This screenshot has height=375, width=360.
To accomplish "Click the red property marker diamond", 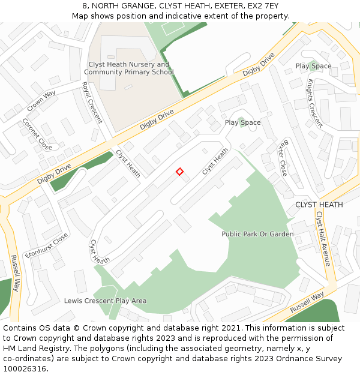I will tap(179, 172).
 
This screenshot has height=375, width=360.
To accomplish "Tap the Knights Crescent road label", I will tap(315, 103).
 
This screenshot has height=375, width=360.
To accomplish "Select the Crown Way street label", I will tap(41, 101).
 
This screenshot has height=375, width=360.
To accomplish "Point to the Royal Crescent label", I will tap(92, 103).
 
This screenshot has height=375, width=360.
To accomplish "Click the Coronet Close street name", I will tap(37, 134).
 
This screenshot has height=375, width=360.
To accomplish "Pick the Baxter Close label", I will tap(282, 158).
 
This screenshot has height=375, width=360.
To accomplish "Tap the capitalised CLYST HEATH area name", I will tap(319, 205).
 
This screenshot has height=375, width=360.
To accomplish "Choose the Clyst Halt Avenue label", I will tap(323, 238).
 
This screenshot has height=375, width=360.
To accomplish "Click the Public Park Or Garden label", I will tap(257, 234).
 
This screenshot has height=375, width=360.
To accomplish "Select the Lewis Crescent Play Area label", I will tap(105, 301).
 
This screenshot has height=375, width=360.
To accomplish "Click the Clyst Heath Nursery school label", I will tap(128, 68).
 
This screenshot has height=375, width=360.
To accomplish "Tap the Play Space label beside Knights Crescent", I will tap(313, 66).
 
